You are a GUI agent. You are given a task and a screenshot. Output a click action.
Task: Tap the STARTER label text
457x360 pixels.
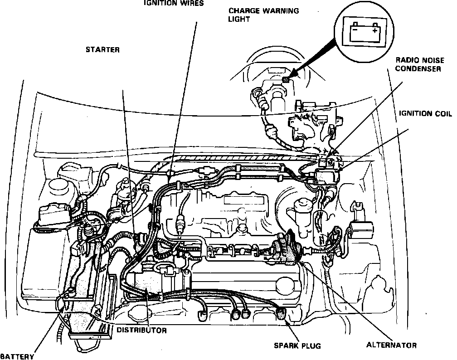(102, 50)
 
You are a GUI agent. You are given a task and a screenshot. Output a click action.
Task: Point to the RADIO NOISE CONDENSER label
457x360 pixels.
(418, 64)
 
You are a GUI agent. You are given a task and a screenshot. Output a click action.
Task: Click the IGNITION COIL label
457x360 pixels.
(422, 113)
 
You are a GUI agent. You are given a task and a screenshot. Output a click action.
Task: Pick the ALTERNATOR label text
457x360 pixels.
(391, 345)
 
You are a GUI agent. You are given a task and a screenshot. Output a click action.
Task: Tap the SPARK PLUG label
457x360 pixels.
(297, 346)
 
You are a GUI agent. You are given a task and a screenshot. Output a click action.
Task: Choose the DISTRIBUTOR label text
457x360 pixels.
(141, 331)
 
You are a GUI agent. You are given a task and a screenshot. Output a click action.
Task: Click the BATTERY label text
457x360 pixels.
(17, 356)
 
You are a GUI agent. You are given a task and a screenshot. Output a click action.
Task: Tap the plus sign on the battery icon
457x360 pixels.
(374, 31)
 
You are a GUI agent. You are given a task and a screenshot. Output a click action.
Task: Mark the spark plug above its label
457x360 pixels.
(281, 312)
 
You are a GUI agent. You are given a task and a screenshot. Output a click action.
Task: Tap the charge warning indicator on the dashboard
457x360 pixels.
(286, 80)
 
